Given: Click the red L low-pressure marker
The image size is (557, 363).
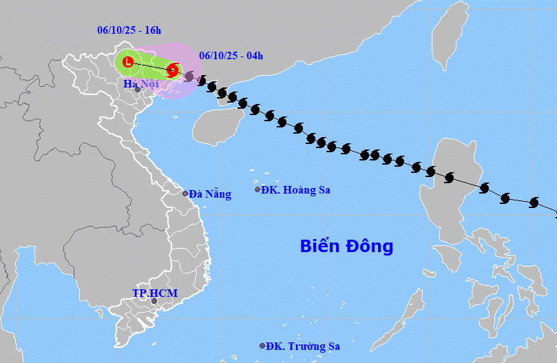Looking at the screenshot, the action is tap(127, 62).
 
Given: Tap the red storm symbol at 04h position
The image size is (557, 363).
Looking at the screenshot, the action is tap(173, 70).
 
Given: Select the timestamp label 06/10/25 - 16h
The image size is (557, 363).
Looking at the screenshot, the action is tap(129, 30).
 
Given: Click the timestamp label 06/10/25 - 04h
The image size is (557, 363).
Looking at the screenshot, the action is tap(231, 55).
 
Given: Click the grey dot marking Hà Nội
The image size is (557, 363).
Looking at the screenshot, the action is tap(138, 90).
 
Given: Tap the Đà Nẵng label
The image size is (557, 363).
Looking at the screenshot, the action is tap(210, 194).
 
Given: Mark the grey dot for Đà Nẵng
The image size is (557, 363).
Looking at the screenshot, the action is tap(185, 194).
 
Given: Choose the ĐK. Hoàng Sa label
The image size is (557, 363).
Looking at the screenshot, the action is tap(297, 189).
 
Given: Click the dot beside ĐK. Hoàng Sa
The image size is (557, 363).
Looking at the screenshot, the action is tap(258, 189).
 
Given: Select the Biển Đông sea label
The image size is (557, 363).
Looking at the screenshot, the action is tap(346, 246).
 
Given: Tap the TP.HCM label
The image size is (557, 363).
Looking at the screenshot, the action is tap(155, 293).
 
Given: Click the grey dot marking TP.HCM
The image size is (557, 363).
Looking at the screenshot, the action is tap(154, 301).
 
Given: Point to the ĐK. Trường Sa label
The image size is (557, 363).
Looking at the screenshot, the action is tap(303, 346).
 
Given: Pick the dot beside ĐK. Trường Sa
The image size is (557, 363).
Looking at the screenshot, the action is tap(262, 346).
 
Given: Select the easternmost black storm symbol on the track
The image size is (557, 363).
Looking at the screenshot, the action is tap(534, 203).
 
